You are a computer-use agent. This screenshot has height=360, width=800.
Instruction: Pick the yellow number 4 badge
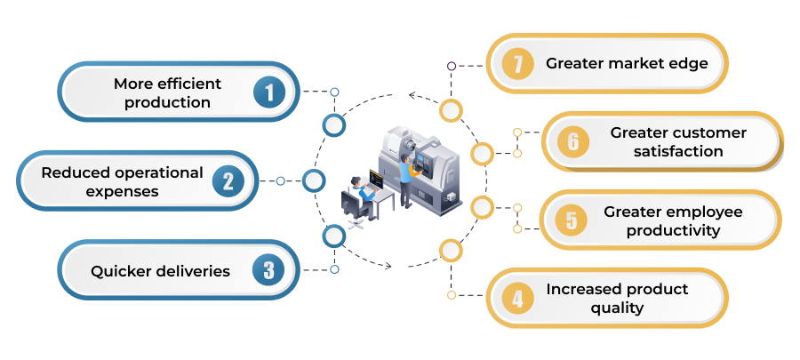click(518, 299)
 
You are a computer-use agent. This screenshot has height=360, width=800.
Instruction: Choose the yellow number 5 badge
click(572, 220)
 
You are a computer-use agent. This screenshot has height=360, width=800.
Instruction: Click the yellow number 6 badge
click(573, 141)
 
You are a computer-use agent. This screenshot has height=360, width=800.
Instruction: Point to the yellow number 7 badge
click(518, 64)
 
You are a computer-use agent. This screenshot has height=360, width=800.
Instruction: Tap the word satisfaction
click(678, 151)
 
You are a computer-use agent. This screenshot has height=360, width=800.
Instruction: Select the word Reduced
click(75, 172)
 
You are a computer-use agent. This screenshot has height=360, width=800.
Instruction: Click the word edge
click(689, 64)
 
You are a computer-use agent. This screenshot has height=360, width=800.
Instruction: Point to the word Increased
click(580, 289)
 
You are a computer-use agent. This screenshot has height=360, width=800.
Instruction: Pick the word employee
click(708, 212)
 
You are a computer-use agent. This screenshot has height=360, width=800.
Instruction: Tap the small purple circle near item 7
click(451, 66)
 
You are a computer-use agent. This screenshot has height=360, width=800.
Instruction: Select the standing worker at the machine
click(406, 181)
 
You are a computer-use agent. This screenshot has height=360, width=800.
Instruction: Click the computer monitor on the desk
click(375, 179)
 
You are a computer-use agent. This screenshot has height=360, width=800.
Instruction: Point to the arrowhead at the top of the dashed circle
click(413, 95)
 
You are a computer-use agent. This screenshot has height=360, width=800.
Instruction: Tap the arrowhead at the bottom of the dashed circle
click(387, 265)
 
